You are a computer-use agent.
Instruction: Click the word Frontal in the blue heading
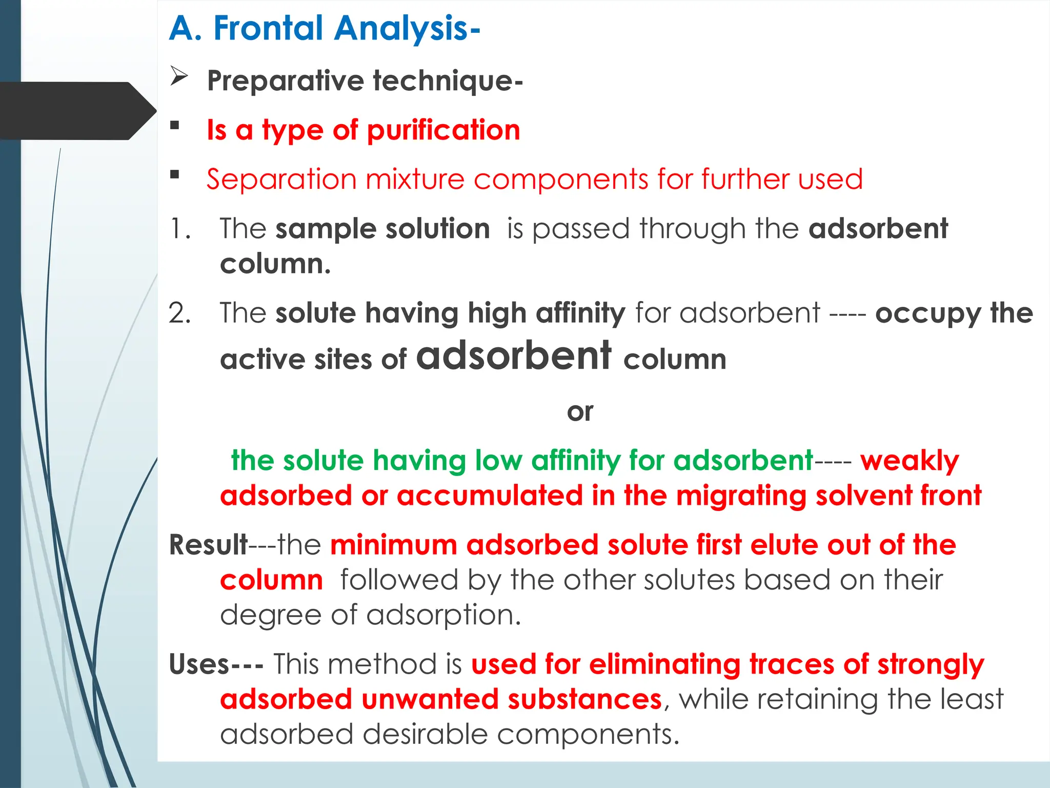268,28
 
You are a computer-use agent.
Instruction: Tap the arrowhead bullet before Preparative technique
179,76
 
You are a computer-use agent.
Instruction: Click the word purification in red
443,130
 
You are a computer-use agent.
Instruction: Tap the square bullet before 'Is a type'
175,125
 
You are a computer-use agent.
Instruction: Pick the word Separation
281,180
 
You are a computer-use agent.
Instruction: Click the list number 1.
179,229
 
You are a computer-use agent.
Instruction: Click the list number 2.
179,313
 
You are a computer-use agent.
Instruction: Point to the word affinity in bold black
580,313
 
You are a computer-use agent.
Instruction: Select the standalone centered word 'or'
580,411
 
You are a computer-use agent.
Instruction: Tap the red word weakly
910,461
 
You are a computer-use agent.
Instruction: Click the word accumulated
490,496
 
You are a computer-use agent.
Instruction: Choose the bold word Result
208,545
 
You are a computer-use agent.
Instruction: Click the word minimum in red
393,545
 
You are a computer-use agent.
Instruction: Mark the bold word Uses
199,664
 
